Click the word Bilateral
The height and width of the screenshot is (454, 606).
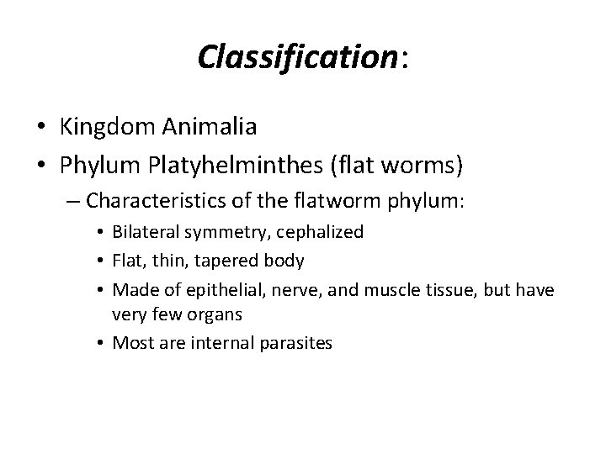tap(144, 232)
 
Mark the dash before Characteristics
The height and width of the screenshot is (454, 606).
tap(73, 203)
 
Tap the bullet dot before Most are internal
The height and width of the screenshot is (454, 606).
tap(102, 342)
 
